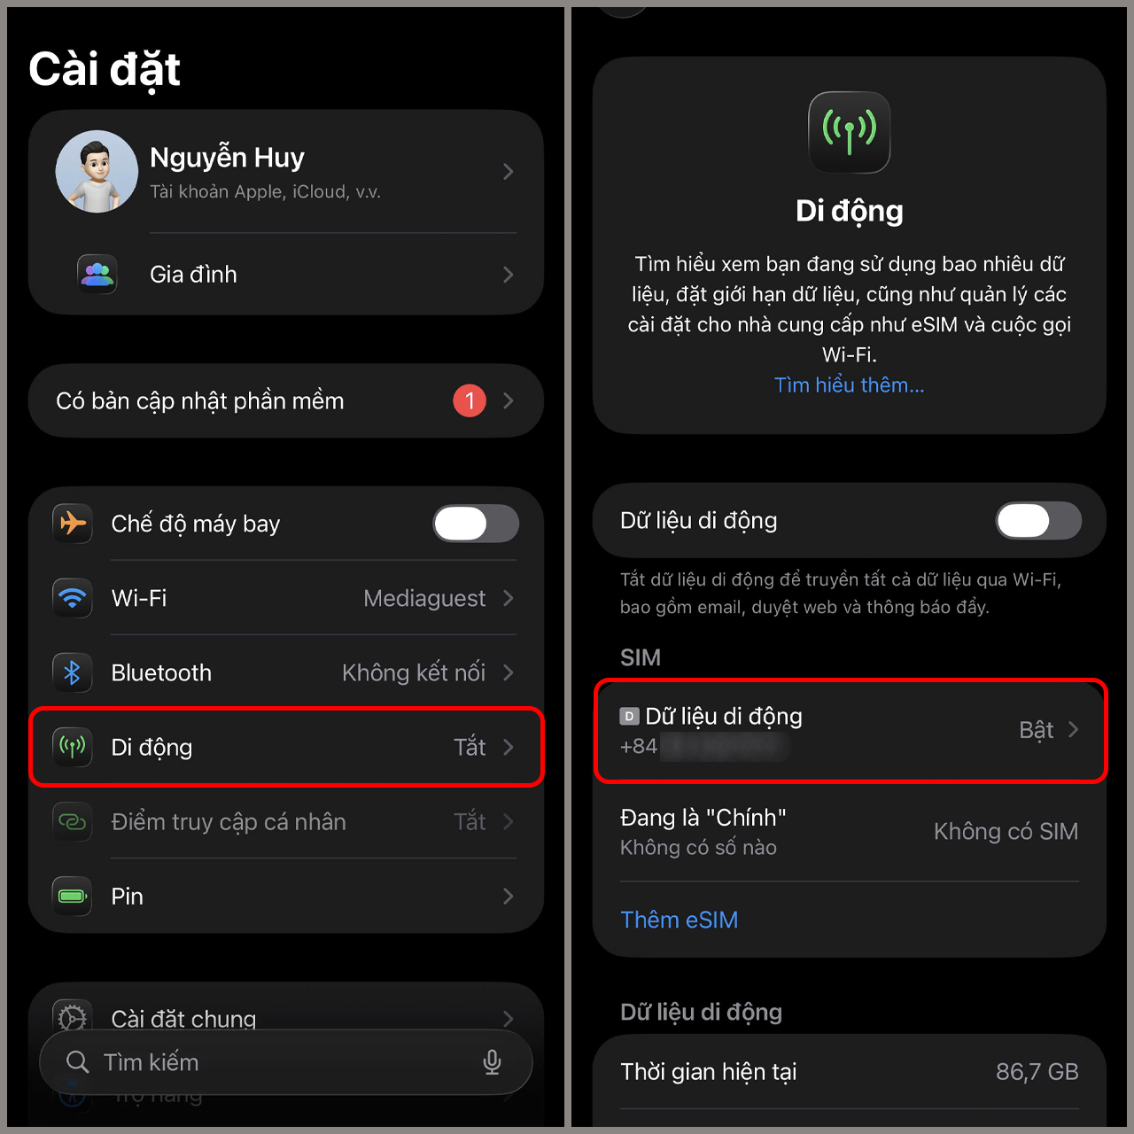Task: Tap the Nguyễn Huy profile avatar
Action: point(97,172)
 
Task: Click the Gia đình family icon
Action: point(97,275)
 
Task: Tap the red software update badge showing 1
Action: point(470,400)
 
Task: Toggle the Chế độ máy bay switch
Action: point(476,524)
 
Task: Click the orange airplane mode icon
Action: point(73,524)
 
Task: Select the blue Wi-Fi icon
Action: point(73,598)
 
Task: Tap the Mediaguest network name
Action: point(423,599)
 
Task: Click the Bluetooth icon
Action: point(73,672)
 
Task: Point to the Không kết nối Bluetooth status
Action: point(413,673)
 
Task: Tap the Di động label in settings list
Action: point(151,748)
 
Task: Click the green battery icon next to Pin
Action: point(73,897)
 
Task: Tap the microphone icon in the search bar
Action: point(492,1062)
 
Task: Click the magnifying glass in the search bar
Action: point(78,1062)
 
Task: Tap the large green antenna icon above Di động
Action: point(849,132)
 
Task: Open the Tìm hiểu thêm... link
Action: point(849,385)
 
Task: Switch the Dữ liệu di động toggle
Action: point(1038,521)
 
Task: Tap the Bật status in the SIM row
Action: point(1036,730)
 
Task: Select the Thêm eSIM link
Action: point(679,920)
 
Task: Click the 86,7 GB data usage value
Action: point(1037,1072)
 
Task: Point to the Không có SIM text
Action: point(1006,832)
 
